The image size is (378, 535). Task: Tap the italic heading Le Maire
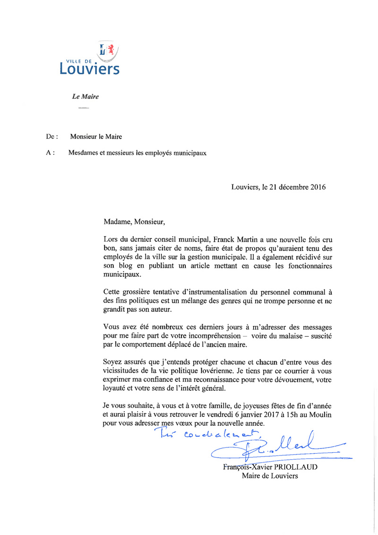click(85, 97)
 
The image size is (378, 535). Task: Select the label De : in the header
click(52, 137)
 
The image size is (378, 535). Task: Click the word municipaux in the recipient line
click(189, 153)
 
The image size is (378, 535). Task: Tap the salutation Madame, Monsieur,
click(135, 220)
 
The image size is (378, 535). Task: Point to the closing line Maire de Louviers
click(270, 476)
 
